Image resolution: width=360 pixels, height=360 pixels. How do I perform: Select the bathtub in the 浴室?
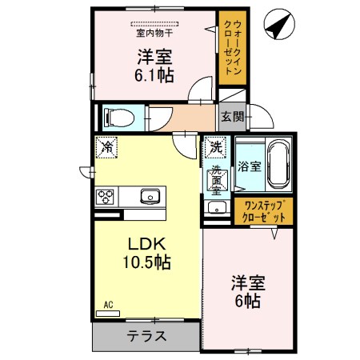click(x=278, y=164)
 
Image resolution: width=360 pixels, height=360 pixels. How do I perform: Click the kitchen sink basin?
click(x=150, y=197)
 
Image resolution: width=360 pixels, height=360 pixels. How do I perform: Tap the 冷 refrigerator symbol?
click(x=106, y=147)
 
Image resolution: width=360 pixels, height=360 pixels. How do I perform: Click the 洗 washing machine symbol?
click(x=215, y=147)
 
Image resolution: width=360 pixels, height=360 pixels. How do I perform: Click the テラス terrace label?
click(x=146, y=336)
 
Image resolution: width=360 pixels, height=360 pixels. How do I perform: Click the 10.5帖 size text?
click(x=144, y=262)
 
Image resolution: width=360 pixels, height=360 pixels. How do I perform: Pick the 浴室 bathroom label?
click(x=249, y=166)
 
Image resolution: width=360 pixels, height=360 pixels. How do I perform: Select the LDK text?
click(x=144, y=243)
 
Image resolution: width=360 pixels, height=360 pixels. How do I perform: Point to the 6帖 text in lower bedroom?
click(x=247, y=302)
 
